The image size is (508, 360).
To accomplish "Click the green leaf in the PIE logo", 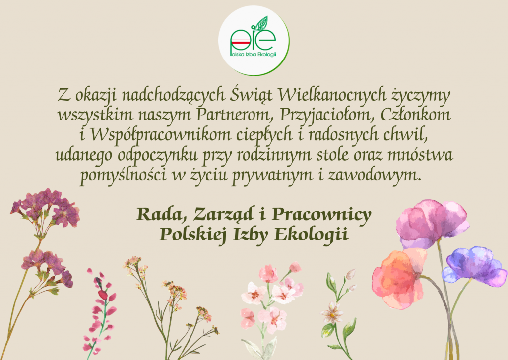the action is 261,24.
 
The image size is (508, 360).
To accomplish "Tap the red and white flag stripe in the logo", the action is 240,42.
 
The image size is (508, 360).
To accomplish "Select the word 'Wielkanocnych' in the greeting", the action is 332,95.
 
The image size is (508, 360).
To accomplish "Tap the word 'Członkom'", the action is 416,115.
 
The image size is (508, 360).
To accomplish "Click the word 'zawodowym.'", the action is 375,175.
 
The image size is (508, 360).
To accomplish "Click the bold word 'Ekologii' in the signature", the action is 312,234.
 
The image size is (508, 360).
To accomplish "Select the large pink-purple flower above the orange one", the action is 432,223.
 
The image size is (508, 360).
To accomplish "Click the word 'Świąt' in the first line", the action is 252,95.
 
